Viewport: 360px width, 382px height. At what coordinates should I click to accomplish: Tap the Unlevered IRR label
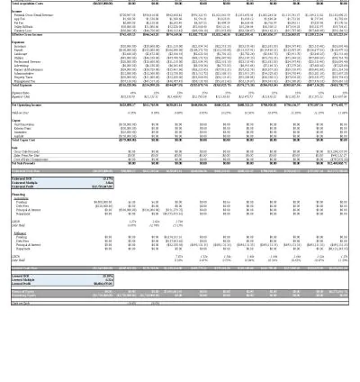(x=22, y=178)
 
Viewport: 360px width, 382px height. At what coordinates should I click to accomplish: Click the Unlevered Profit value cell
(x=102, y=186)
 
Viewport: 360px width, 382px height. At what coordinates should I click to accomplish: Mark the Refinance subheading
(x=21, y=233)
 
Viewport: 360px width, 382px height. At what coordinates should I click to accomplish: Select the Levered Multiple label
(x=23, y=279)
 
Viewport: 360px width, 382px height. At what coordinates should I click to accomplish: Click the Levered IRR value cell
(x=107, y=276)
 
